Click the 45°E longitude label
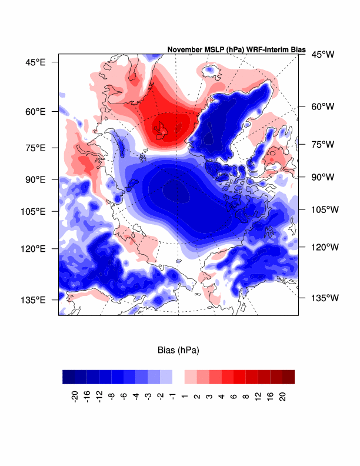[34, 62]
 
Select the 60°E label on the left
[34, 111]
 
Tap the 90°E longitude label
[34, 179]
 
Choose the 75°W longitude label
[322, 144]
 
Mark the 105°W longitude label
[325, 209]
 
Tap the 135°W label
[325, 298]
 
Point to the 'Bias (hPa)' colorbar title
[178, 351]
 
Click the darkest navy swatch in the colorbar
[69, 377]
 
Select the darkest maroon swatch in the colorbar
[288, 377]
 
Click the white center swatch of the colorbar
[178, 377]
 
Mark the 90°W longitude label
[322, 177]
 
